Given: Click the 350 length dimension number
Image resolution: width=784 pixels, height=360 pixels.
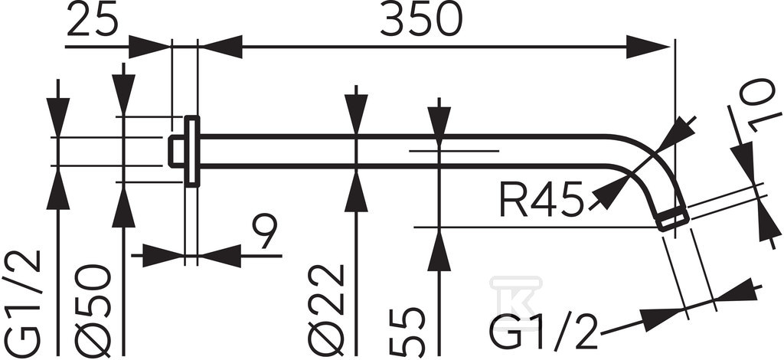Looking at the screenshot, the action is [x=421, y=20].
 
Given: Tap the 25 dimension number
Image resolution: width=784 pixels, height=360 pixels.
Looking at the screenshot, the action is [x=92, y=20].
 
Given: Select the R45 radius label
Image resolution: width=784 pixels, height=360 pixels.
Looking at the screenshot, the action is [x=541, y=199].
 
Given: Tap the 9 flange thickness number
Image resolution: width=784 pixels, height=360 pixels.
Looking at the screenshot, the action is [x=263, y=233].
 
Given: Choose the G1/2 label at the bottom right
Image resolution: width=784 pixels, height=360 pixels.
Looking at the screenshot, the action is [x=544, y=332].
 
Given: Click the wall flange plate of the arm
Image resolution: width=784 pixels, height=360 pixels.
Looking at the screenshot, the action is [x=192, y=152].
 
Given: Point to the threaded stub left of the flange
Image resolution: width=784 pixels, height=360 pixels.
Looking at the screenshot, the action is [x=177, y=151].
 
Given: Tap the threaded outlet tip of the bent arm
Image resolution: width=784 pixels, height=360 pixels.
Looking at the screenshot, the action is [x=673, y=219].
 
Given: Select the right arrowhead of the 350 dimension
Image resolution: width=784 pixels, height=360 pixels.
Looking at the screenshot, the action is [x=648, y=47].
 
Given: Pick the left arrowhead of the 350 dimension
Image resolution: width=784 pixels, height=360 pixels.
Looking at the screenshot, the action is [x=220, y=47].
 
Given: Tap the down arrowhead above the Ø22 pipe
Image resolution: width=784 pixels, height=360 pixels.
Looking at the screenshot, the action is [x=356, y=114].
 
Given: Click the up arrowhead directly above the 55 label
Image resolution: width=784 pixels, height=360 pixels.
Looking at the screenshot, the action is [x=439, y=250].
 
